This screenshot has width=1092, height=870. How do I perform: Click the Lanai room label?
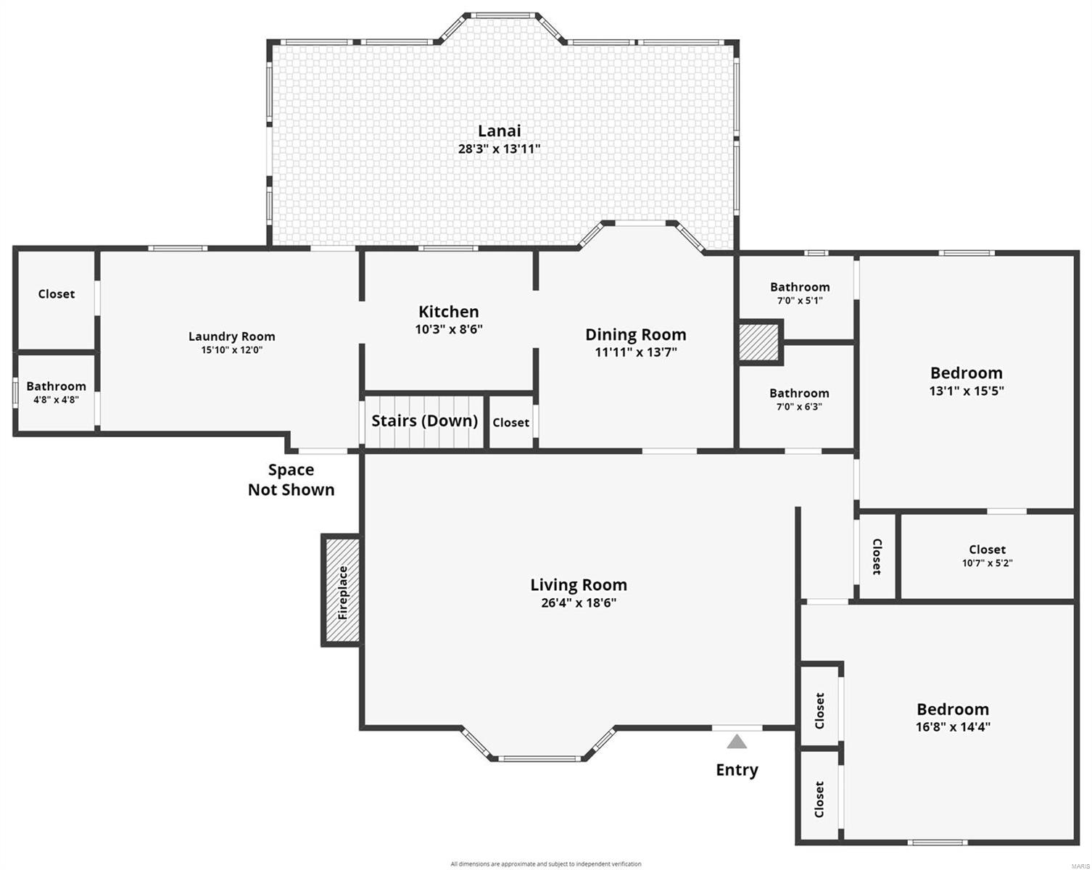pyautogui.click(x=499, y=131)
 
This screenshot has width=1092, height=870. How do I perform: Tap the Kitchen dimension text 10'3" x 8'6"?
pyautogui.click(x=448, y=329)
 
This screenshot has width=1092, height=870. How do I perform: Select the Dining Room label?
pyautogui.click(x=635, y=334)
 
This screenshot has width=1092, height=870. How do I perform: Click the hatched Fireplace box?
pyautogui.click(x=342, y=591)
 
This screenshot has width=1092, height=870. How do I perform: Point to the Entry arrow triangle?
pyautogui.click(x=737, y=742)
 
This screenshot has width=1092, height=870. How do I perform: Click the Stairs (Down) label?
pyautogui.click(x=424, y=421)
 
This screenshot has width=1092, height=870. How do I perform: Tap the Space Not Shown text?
pyautogui.click(x=291, y=479)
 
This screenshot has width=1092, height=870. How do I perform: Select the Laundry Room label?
pyautogui.click(x=231, y=336)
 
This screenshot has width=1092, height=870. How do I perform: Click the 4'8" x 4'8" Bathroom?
pyautogui.click(x=56, y=392)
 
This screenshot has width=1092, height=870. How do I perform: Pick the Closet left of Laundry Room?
pyautogui.click(x=56, y=294)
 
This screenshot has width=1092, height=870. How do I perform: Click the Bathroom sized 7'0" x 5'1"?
pyautogui.click(x=799, y=293)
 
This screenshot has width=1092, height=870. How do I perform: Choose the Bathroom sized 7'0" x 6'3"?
pyautogui.click(x=799, y=399)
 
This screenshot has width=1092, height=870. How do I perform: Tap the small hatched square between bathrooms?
pyautogui.click(x=758, y=341)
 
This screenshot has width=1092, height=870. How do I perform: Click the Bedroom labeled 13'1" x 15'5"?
pyautogui.click(x=966, y=381)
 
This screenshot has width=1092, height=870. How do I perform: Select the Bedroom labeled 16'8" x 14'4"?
pyautogui.click(x=952, y=716)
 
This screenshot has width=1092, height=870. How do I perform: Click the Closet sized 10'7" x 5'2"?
pyautogui.click(x=987, y=555)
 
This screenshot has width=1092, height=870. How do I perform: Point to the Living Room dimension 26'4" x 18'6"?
pyautogui.click(x=578, y=602)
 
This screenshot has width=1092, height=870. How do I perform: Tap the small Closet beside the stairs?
pyautogui.click(x=510, y=423)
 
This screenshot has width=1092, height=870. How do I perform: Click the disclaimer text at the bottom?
pyautogui.click(x=545, y=863)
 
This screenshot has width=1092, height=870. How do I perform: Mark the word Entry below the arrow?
pyautogui.click(x=737, y=770)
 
